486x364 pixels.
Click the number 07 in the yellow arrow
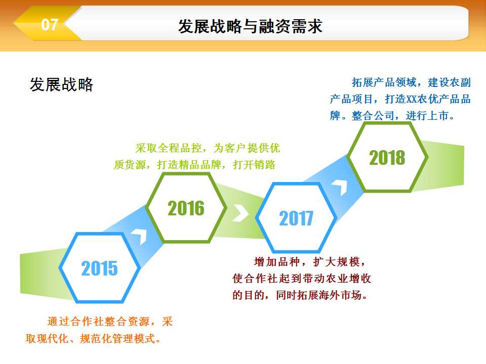50,24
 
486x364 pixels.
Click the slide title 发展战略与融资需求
251,26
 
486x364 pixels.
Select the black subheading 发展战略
61,84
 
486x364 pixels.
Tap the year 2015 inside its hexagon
100,268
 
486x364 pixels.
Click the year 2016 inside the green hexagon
186,208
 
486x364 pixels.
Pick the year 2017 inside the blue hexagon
296,218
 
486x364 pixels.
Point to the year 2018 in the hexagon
387,158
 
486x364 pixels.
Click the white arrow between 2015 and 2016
140,236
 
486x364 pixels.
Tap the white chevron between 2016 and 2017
241,213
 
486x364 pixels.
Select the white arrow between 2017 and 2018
340,186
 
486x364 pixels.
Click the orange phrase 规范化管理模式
117,338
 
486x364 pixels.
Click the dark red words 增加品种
277,262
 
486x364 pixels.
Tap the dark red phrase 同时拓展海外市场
318,295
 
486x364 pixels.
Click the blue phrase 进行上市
427,116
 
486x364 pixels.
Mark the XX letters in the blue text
411,100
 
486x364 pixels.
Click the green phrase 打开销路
254,165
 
